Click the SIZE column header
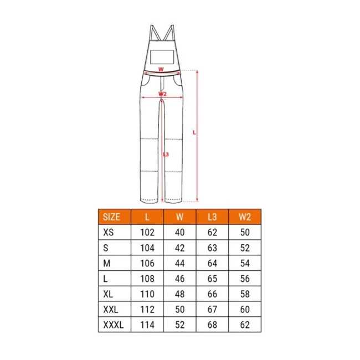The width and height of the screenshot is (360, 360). point(111,217)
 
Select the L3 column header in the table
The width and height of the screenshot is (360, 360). point(212,217)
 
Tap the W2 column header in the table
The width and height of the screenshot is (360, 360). point(245,217)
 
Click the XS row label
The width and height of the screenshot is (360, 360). point(109,233)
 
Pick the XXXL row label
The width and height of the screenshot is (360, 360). point(114,325)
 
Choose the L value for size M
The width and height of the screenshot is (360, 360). point(147,263)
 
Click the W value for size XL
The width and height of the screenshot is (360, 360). point(180,294)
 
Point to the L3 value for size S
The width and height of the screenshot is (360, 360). point(212,248)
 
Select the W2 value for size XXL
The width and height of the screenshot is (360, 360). point(245,310)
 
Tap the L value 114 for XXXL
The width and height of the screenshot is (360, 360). point(147,325)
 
